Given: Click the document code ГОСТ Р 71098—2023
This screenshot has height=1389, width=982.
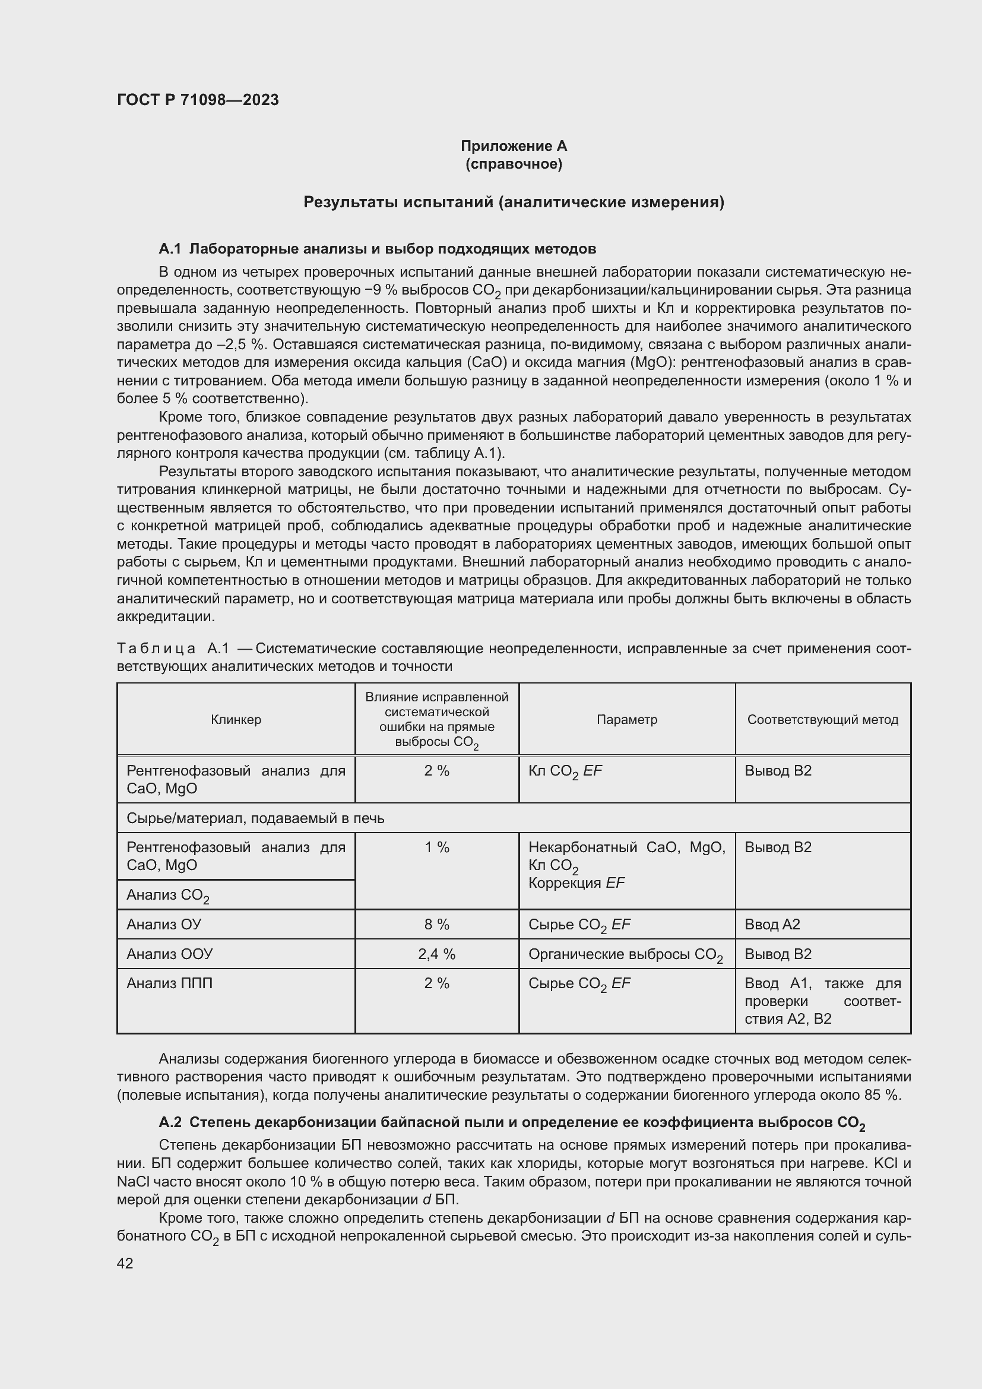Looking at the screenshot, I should click(198, 100).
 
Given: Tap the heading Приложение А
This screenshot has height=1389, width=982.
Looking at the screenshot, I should click(514, 146).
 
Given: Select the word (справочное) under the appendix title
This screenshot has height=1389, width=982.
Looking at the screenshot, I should click(514, 164).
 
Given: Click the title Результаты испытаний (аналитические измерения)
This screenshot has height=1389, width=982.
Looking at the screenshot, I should click(514, 201).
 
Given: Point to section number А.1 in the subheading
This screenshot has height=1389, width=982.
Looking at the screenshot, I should click(170, 249).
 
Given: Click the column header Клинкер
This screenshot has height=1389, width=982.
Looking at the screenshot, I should click(236, 719).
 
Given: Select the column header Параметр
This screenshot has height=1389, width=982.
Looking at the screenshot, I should click(626, 719).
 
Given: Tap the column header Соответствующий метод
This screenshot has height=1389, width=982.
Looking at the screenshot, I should click(822, 719).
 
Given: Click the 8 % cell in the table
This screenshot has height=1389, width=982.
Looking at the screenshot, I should click(436, 925).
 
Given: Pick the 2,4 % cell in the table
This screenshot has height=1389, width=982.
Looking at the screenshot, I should click(436, 954).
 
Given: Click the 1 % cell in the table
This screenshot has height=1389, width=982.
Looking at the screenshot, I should click(436, 847).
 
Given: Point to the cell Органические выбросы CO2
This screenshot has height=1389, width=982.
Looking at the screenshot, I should click(625, 955).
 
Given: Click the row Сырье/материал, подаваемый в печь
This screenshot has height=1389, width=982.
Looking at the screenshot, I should click(255, 818).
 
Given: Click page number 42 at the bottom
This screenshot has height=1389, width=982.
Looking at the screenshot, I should click(125, 1263).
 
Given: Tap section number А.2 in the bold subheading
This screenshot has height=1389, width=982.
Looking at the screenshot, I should click(170, 1123).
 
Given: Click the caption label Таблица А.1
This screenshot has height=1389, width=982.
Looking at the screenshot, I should click(173, 649).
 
